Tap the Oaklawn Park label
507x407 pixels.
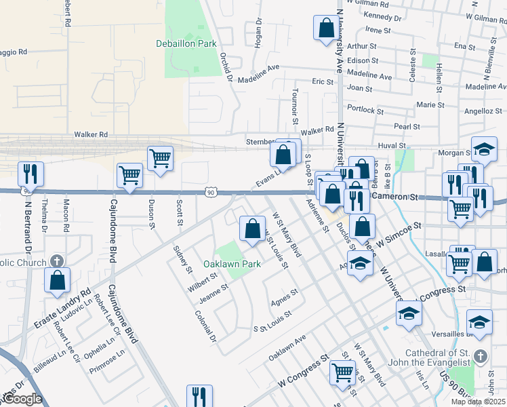coord(232,264)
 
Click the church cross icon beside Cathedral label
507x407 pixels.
coord(481,356)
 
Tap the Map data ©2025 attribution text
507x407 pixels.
coord(479,402)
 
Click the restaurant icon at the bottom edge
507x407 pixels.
coord(199,396)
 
